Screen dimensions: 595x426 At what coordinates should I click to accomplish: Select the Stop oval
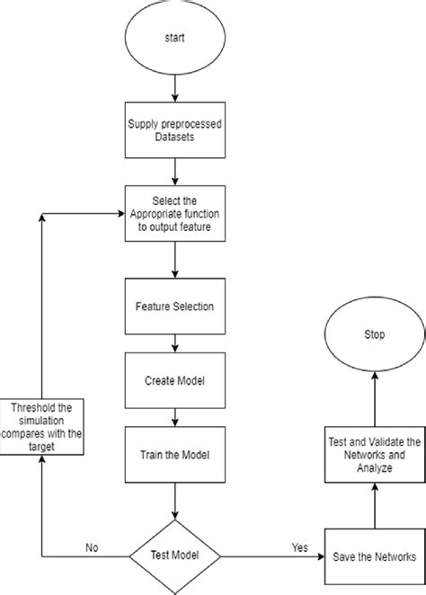click(x=375, y=335)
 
